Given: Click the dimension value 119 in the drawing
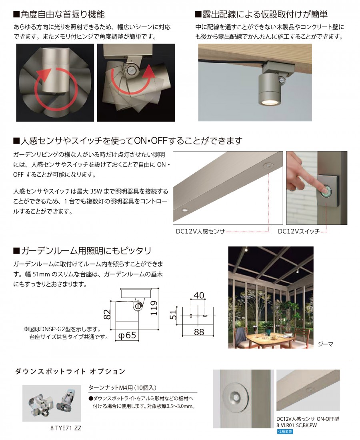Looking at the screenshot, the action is point(154,308).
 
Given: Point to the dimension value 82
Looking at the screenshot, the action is point(107,314).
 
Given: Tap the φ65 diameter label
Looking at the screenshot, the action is point(127,335).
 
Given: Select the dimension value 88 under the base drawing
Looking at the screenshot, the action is point(199,332).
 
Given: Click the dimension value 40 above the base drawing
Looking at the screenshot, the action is point(199,295).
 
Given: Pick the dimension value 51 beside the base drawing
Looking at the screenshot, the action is point(174,314).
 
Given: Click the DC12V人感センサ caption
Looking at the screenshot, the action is point(200,232).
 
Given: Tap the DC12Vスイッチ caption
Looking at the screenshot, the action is point(299,232).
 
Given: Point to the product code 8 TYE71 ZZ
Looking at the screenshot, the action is point(66,428).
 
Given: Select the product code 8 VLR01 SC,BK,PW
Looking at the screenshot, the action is point(296,426).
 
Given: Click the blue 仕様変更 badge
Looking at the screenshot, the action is point(285,432).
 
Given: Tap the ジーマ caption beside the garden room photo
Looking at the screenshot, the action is point(326,344).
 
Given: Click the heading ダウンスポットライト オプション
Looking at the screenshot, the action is point(70,371).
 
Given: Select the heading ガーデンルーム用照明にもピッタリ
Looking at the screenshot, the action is point(82,250).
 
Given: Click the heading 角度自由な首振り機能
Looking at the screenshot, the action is point(59,14).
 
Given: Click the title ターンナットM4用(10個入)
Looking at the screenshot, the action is point(122,388).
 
